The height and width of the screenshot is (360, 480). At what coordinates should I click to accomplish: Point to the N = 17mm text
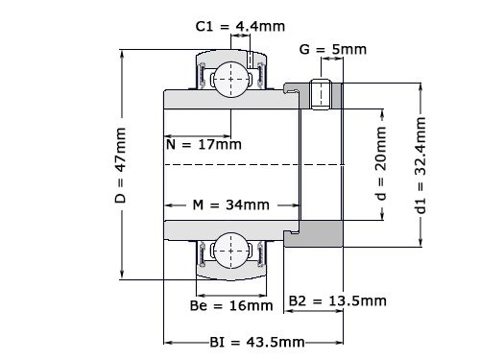203,145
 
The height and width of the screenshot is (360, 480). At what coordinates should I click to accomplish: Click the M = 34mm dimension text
231,204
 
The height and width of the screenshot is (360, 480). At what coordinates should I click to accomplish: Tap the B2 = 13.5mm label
338,301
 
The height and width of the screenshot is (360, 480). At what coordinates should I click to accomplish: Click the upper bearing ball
230,76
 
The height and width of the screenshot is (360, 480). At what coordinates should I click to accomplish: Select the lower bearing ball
230,252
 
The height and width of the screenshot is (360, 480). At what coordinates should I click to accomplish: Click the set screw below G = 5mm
324,94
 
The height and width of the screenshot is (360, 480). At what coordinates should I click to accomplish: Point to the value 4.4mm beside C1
253,27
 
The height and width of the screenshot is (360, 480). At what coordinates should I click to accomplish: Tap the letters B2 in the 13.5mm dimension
299,301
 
